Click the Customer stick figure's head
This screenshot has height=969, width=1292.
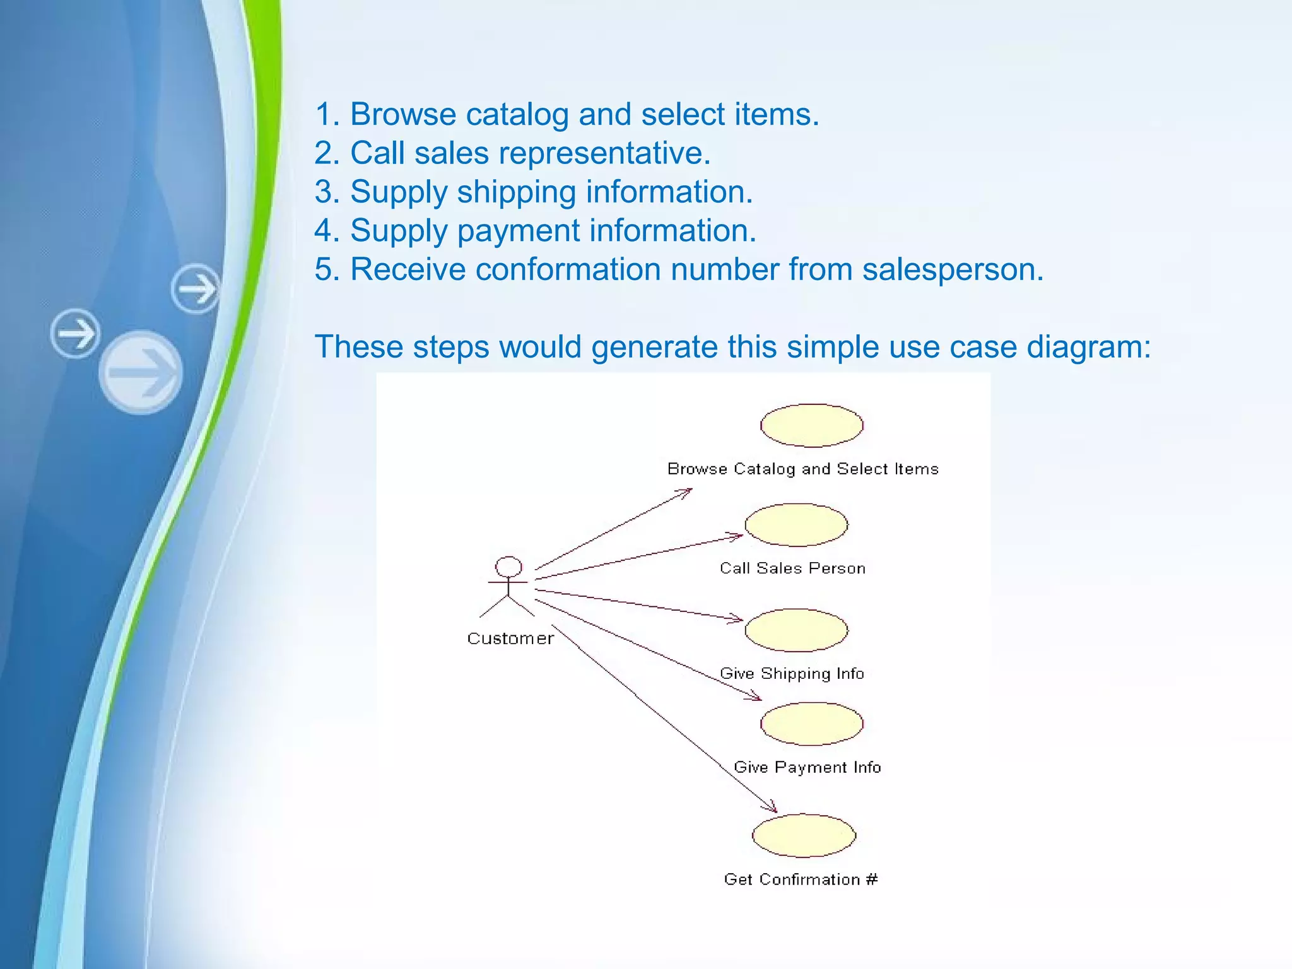click(x=508, y=567)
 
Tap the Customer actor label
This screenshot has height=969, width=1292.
click(x=510, y=638)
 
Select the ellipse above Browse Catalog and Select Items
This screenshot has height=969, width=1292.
click(x=811, y=425)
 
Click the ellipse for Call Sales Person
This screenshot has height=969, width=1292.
click(x=796, y=525)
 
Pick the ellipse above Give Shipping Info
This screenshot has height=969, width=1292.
click(x=796, y=630)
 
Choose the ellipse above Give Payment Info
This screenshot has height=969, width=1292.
click(x=811, y=724)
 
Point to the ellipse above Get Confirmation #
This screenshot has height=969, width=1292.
click(x=804, y=835)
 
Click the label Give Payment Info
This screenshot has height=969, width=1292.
click(x=807, y=767)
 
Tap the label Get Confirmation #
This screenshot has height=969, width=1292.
click(x=801, y=879)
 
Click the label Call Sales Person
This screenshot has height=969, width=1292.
click(x=792, y=568)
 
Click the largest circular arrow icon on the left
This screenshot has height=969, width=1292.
click(x=141, y=372)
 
